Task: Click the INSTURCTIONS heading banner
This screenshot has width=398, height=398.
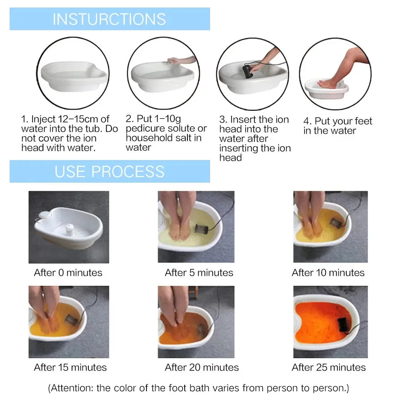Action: point(109,19)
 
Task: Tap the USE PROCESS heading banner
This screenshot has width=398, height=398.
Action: point(109,171)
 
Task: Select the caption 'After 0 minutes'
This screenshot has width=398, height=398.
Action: point(68,273)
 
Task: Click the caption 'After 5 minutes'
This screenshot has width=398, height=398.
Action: point(199,273)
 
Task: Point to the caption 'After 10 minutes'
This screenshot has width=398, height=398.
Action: point(328,273)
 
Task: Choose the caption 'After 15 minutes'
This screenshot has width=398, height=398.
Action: point(70,367)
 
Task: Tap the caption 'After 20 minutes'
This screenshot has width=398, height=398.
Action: point(202,367)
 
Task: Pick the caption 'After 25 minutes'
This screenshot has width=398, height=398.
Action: point(329,367)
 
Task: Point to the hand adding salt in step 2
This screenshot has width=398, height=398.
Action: point(174,61)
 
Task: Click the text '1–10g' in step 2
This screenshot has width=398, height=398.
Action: point(166,119)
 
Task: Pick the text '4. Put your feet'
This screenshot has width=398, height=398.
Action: point(338,121)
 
